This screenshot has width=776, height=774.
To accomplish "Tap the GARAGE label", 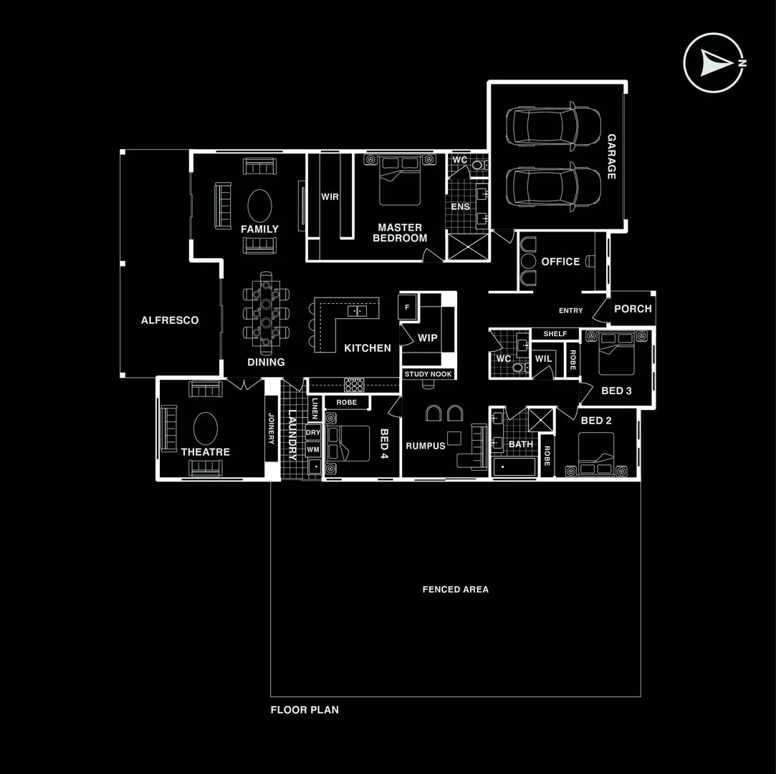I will [x=611, y=157].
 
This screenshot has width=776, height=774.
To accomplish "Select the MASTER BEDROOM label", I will [x=400, y=233].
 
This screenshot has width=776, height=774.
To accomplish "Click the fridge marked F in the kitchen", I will [x=408, y=307].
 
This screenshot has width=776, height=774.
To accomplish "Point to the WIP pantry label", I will [x=428, y=338].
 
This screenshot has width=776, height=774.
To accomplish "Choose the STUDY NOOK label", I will [x=428, y=374].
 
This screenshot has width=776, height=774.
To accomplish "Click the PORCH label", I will [x=633, y=309].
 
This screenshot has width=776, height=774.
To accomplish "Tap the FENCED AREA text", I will [x=456, y=589].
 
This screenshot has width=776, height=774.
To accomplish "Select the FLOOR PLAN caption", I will [x=305, y=710].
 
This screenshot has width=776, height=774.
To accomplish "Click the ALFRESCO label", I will [x=170, y=320].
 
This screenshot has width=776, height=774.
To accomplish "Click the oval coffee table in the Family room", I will [x=259, y=206].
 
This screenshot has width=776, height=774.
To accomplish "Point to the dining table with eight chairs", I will [x=267, y=312].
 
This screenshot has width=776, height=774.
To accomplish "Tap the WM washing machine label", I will [x=313, y=449].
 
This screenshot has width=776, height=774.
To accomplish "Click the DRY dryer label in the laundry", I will [x=313, y=433].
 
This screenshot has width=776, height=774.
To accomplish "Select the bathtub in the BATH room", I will [x=514, y=467].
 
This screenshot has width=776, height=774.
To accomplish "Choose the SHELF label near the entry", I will [x=555, y=334].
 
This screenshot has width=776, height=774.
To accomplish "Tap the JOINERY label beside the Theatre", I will [x=271, y=429].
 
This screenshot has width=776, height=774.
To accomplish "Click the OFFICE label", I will [x=560, y=262].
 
